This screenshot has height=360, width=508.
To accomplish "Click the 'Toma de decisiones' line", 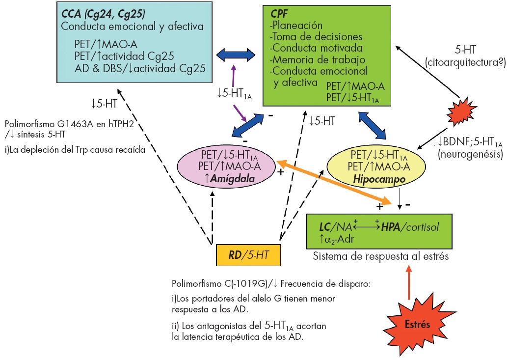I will pyautogui.click(x=316, y=37).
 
